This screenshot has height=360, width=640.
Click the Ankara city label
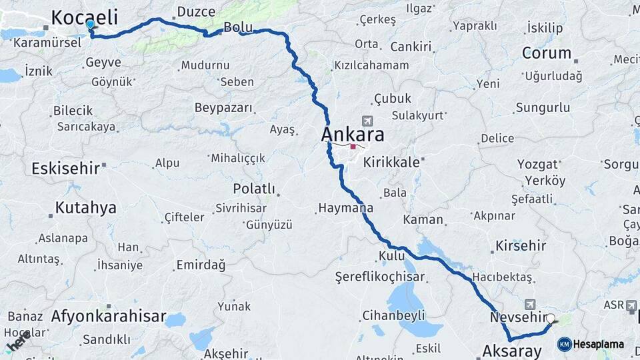coord(353,135)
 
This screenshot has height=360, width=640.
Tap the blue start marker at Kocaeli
coord(90,24)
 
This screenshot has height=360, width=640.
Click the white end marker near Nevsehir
coord(550,319)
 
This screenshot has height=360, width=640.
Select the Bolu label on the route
coord(237,27)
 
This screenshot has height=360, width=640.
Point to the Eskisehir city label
coord(65,168)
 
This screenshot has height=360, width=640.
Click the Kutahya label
coord(85,207)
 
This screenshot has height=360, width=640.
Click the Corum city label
coord(547,53)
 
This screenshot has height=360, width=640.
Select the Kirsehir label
coord(520,246)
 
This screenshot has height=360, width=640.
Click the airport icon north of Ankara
coord(366,121)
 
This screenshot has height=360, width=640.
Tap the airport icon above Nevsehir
coord(530,303)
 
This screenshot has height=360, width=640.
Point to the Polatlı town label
coord(254,189)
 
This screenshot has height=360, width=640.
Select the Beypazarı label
coord(223,107)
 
